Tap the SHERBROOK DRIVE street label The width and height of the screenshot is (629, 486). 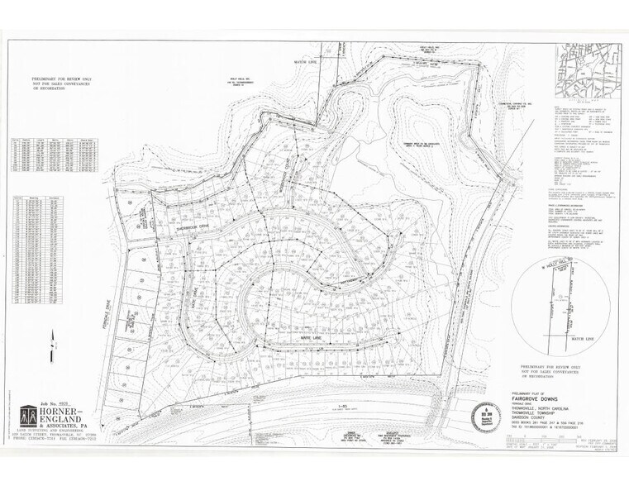click(x=193, y=223)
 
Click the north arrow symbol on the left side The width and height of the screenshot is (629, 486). click(x=51, y=337)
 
